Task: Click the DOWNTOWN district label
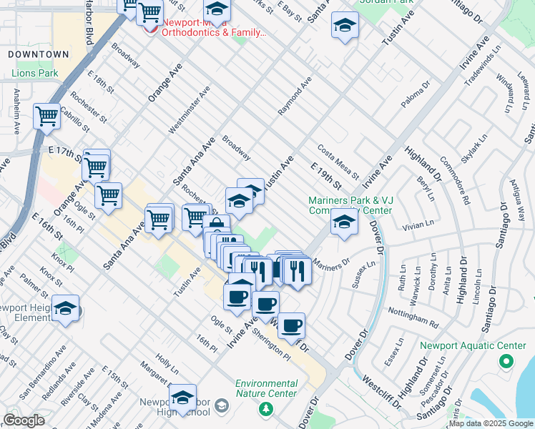point(39,54)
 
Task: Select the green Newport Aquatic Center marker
point(507,362)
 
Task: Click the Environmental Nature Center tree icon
point(266,408)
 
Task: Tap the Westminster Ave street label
point(190,110)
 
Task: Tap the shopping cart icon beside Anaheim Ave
point(46,115)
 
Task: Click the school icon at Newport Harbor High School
point(182,397)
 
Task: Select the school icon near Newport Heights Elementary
point(65,308)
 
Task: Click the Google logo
point(24,420)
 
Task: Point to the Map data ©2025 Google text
point(490,423)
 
